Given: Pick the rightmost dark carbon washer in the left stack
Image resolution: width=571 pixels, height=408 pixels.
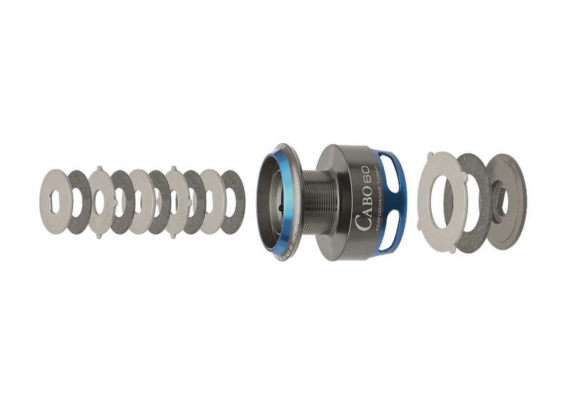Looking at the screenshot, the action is point(233,202).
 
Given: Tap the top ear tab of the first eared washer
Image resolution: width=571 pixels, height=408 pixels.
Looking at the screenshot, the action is point(100,168).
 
